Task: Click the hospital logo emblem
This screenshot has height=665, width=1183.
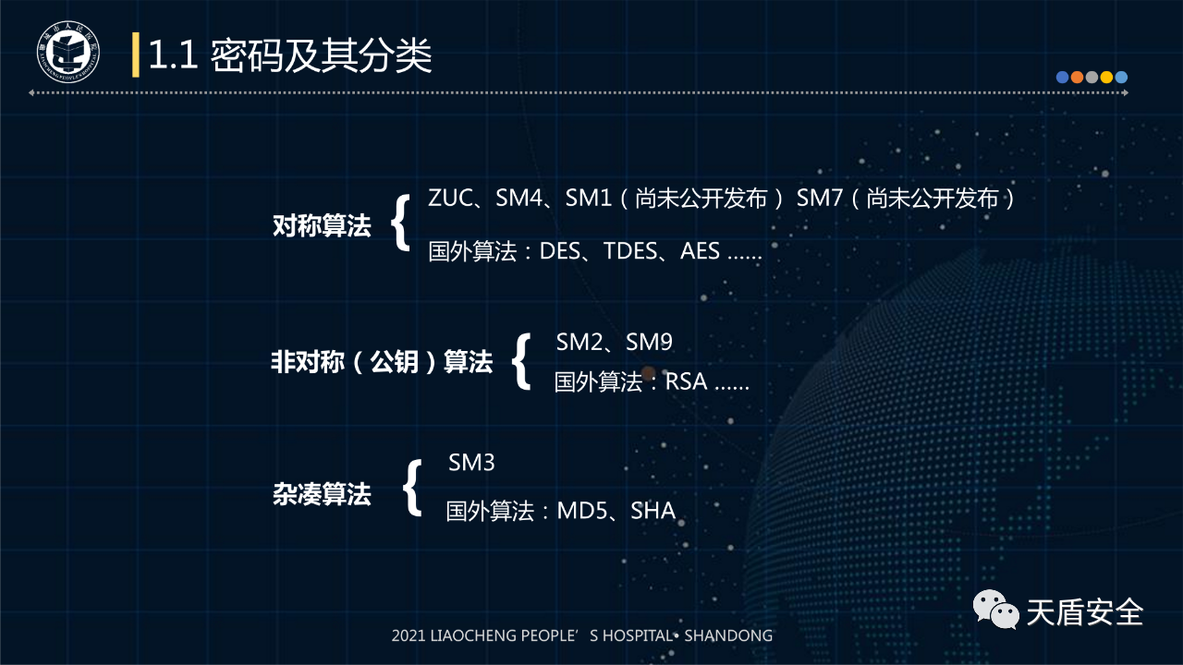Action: pyautogui.click(x=68, y=52)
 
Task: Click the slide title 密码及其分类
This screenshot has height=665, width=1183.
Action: pyautogui.click(x=321, y=55)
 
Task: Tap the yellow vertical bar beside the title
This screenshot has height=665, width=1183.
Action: pyautogui.click(x=136, y=54)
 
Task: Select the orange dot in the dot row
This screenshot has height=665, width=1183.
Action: pyautogui.click(x=1077, y=78)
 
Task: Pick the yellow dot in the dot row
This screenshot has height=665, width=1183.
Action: pyautogui.click(x=1106, y=78)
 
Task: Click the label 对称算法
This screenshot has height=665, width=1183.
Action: pyautogui.click(x=322, y=225)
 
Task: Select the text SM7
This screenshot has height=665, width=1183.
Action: pyautogui.click(x=819, y=198)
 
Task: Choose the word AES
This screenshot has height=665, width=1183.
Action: pyautogui.click(x=700, y=251)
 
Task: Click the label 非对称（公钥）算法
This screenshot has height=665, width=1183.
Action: pyautogui.click(x=382, y=362)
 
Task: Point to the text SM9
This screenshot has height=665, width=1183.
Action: pyautogui.click(x=649, y=342)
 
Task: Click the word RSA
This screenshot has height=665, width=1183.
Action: pyautogui.click(x=686, y=381)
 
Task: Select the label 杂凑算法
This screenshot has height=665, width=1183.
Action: pyautogui.click(x=322, y=494)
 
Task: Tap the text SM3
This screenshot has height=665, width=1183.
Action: pyautogui.click(x=471, y=463)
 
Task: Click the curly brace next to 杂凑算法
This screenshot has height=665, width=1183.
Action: pyautogui.click(x=412, y=487)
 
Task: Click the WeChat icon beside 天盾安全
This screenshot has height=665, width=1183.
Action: pyautogui.click(x=996, y=609)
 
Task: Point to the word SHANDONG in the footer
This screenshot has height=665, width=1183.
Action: pyautogui.click(x=728, y=635)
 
